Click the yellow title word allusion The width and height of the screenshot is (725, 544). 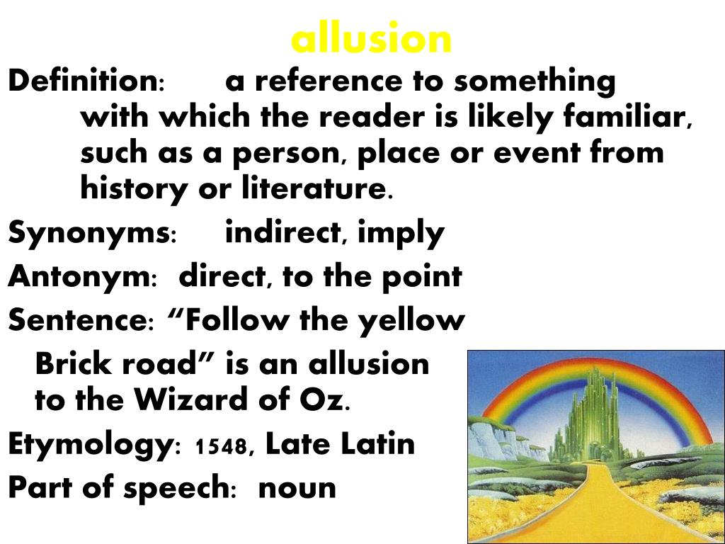coord(371,40)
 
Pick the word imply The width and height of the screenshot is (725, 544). coord(401,233)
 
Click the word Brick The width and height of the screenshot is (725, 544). coord(74,364)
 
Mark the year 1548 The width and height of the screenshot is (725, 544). coord(220,447)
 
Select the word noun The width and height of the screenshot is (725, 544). coord(297,488)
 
